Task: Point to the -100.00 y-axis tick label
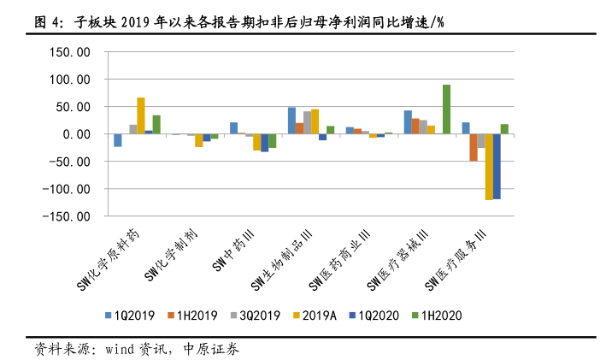click(70, 189)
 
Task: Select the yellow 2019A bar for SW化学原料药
click(141, 116)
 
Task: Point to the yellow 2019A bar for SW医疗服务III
click(489, 167)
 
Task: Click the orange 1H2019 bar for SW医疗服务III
click(474, 148)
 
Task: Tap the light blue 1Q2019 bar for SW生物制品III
click(291, 121)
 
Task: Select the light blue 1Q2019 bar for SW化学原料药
click(118, 140)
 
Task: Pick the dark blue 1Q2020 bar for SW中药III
click(265, 143)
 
